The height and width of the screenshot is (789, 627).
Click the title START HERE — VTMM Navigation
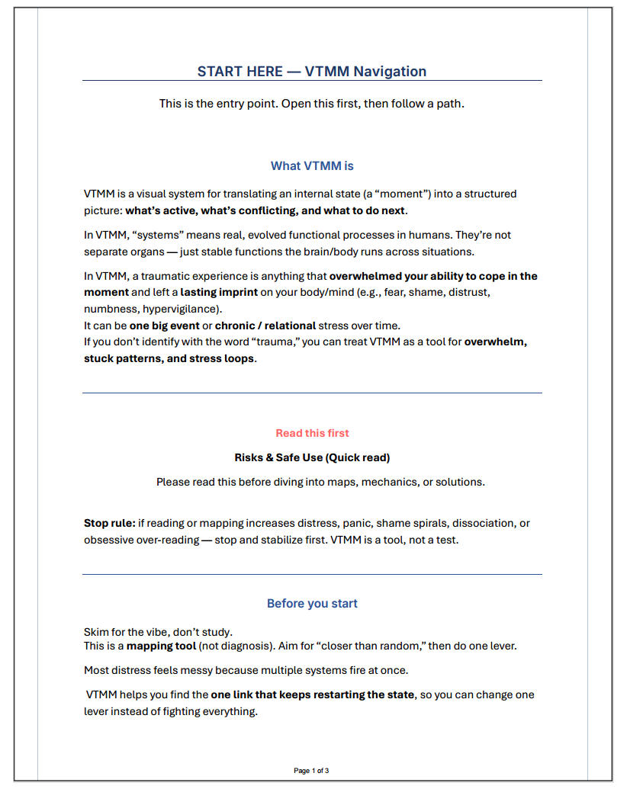[312, 72]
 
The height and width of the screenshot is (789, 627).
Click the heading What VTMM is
[312, 165]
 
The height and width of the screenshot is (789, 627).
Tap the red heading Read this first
[312, 433]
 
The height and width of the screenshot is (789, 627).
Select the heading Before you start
[312, 604]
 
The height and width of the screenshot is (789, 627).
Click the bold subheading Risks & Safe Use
[312, 457]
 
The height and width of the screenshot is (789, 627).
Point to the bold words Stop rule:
[109, 524]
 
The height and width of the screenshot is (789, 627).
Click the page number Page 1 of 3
[311, 771]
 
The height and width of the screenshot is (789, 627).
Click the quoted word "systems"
[147, 235]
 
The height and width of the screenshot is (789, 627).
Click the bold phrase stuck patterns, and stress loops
[169, 358]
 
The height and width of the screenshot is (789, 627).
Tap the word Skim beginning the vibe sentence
[97, 632]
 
